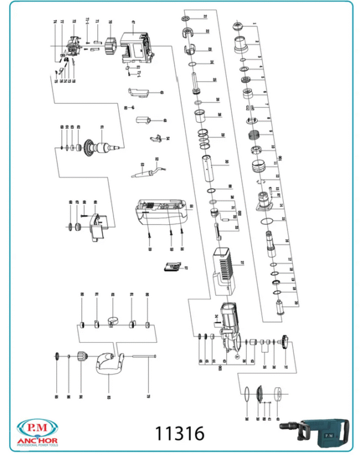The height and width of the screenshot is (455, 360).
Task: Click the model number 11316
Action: [x=180, y=433]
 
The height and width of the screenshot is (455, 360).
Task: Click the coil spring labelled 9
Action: [x=254, y=134]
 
